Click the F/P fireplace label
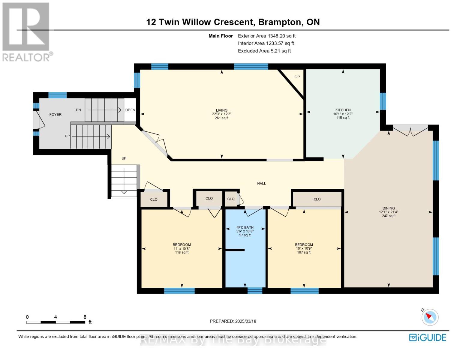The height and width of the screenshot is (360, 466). [x=297, y=77]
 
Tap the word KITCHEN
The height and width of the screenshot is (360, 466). [x=343, y=110]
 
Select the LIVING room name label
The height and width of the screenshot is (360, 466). [x=221, y=110]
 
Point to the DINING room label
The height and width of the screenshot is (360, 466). [x=389, y=208]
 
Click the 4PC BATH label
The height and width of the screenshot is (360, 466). [x=245, y=227]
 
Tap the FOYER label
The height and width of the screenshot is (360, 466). [x=55, y=115]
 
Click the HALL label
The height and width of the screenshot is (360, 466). [x=261, y=183]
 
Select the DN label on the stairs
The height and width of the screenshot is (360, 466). [x=79, y=110]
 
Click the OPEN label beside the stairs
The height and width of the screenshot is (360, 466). [x=130, y=110]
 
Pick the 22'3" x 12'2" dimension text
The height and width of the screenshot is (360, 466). [x=221, y=114]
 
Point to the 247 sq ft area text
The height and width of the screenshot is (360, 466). [x=389, y=216]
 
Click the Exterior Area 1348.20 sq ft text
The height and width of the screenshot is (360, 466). [x=267, y=36]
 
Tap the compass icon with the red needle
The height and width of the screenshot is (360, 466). [x=430, y=317]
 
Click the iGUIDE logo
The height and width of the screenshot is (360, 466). [x=428, y=337]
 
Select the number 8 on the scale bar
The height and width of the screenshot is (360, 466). [x=85, y=317]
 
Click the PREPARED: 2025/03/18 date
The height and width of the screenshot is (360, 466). [x=233, y=321]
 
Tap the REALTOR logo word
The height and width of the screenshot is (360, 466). [x=26, y=58]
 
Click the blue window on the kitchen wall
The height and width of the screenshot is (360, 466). [x=383, y=101]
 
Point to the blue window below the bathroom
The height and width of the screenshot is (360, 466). [x=255, y=290]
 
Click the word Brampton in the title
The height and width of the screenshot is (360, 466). [x=280, y=22]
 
